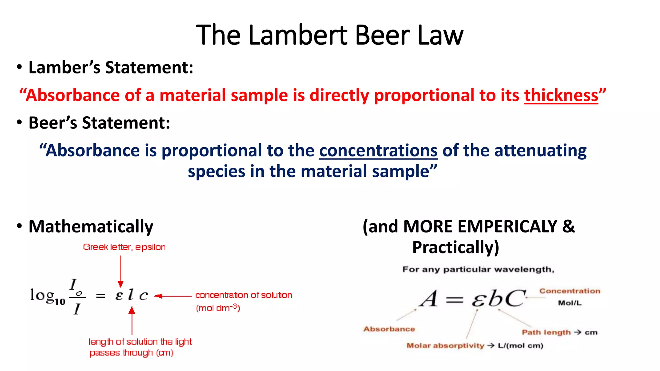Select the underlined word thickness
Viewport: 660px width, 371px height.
point(561,95)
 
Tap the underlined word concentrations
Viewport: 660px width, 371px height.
point(378,151)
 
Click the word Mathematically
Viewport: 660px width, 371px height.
point(91,226)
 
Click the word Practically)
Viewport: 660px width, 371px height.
point(456,247)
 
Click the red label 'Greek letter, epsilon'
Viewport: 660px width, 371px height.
point(124,247)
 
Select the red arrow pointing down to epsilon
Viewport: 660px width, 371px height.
point(121,271)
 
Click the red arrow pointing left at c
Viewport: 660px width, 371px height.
point(173,296)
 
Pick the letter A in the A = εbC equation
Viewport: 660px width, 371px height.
point(429,299)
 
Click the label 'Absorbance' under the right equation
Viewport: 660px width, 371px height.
point(389,329)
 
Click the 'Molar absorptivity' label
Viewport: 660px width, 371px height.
point(445,346)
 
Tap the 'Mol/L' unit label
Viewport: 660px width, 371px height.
point(570,303)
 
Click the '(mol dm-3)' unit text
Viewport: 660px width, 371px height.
point(218,308)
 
